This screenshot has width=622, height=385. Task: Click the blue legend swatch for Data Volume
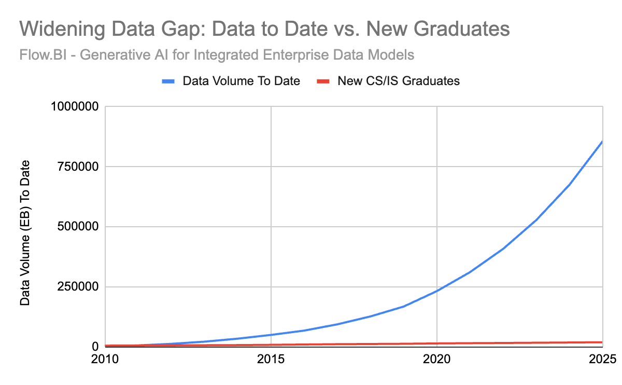[170, 81]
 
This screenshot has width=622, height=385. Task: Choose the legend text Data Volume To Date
[242, 81]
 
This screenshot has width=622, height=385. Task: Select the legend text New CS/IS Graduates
[399, 81]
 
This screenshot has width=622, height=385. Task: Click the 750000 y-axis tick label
[79, 167]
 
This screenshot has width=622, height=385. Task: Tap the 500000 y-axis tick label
[79, 227]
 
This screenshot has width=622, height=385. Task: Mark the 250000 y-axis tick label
[79, 287]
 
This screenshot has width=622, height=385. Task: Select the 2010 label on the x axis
[106, 359]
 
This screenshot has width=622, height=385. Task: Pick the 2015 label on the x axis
[271, 359]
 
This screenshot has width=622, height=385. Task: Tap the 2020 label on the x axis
[437, 359]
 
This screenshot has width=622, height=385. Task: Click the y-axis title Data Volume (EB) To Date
[25, 232]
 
